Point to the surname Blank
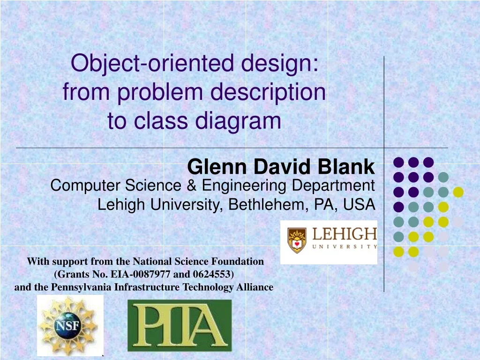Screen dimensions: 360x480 [x=348, y=167]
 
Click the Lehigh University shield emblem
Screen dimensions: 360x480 [x=297, y=240]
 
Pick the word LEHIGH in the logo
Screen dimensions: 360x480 [x=345, y=234]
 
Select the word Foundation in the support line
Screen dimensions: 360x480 [x=238, y=261]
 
